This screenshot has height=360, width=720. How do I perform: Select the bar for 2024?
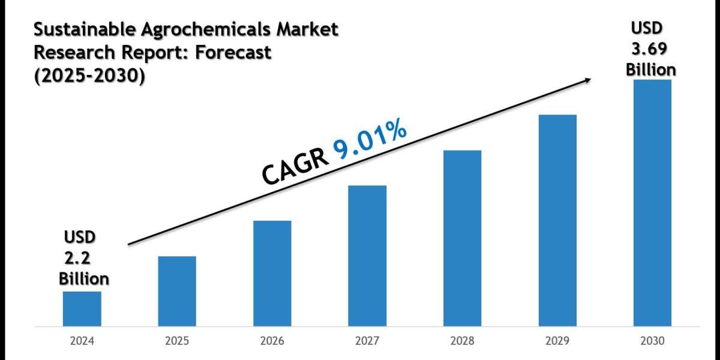(82, 308)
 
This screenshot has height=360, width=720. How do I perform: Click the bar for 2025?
(177, 291)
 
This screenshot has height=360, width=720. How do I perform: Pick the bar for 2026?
(272, 273)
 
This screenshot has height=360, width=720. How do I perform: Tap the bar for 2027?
(367, 256)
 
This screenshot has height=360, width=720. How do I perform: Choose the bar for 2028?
(462, 238)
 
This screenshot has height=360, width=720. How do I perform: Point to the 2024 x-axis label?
(82, 341)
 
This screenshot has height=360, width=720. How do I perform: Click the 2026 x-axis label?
(272, 341)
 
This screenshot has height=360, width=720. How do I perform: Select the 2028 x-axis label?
(462, 341)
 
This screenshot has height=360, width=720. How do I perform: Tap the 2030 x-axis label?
(652, 341)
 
